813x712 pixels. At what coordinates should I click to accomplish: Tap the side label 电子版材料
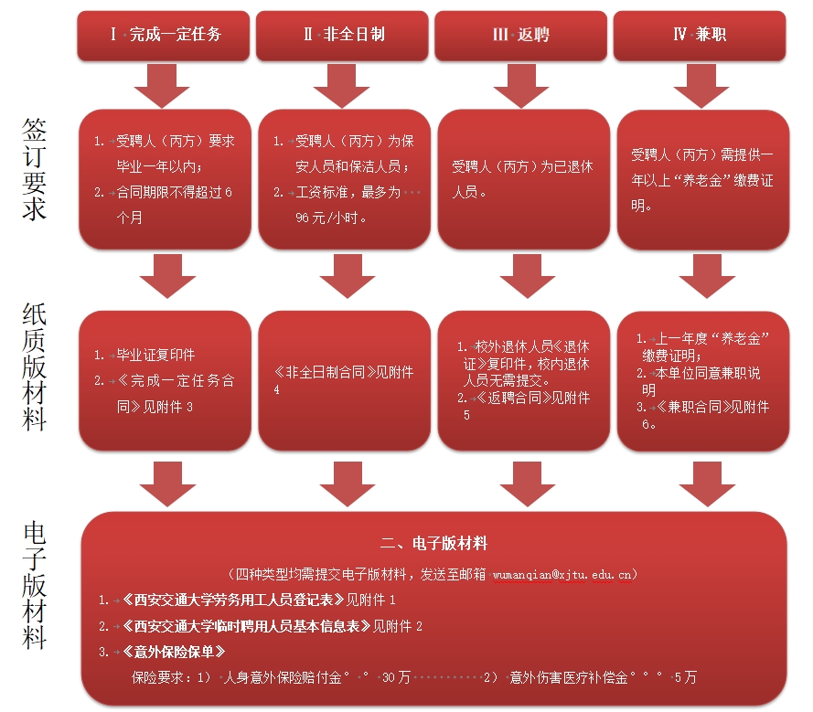[34, 585]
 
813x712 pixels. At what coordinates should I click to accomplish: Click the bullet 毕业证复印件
[156, 355]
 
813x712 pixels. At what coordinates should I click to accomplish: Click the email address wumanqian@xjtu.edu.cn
[563, 575]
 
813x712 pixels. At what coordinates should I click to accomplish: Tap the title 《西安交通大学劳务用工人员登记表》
[233, 601]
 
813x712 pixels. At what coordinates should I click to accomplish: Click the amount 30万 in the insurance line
[395, 678]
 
